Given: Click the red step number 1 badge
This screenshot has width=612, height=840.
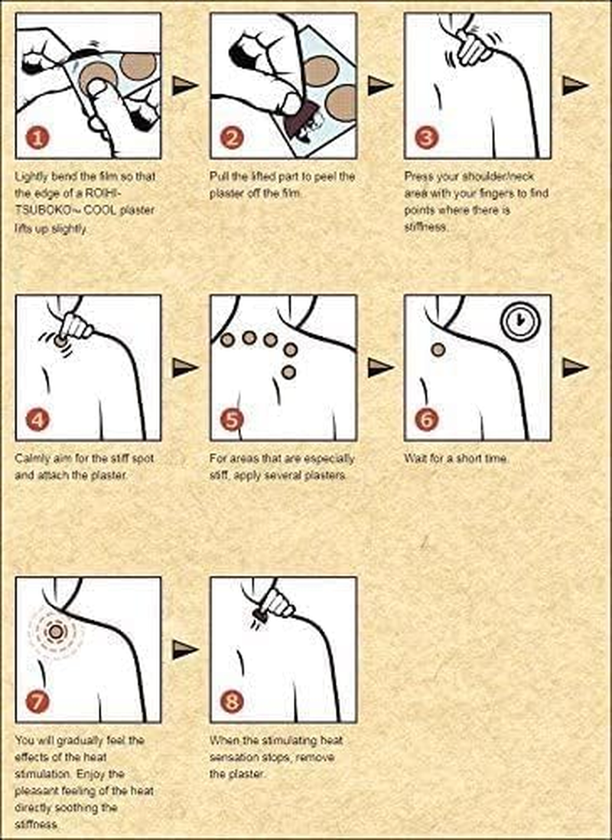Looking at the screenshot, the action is coord(37,138).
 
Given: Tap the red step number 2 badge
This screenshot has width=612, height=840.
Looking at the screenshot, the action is coord(232,138).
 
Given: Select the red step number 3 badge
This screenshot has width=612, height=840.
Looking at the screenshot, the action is coord(427,138).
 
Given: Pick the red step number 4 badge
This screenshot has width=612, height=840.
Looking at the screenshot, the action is coord(37,419).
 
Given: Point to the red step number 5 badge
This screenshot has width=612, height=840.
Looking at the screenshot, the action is coord(232,419).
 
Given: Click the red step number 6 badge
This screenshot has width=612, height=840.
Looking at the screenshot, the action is coord(427,419).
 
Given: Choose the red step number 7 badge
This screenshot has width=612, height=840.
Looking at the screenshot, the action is coord(37,702).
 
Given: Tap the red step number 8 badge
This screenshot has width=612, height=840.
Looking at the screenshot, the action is coord(232,702).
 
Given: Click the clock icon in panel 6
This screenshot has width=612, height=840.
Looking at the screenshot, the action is coord(519,321).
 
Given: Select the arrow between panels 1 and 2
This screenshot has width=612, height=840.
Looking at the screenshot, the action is coord(185,85).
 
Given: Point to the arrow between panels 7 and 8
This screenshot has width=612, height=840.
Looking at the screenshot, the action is coord(185,650).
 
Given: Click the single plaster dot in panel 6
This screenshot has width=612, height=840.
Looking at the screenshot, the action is coord(438,350).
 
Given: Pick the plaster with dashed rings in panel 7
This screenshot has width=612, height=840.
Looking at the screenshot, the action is coord(56,632).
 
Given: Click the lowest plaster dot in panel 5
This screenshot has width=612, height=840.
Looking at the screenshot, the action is coord(288,372).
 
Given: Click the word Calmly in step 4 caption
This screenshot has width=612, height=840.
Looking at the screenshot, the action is coord(31,458).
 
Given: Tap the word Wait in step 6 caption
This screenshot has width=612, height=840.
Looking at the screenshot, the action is coord(415,458).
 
